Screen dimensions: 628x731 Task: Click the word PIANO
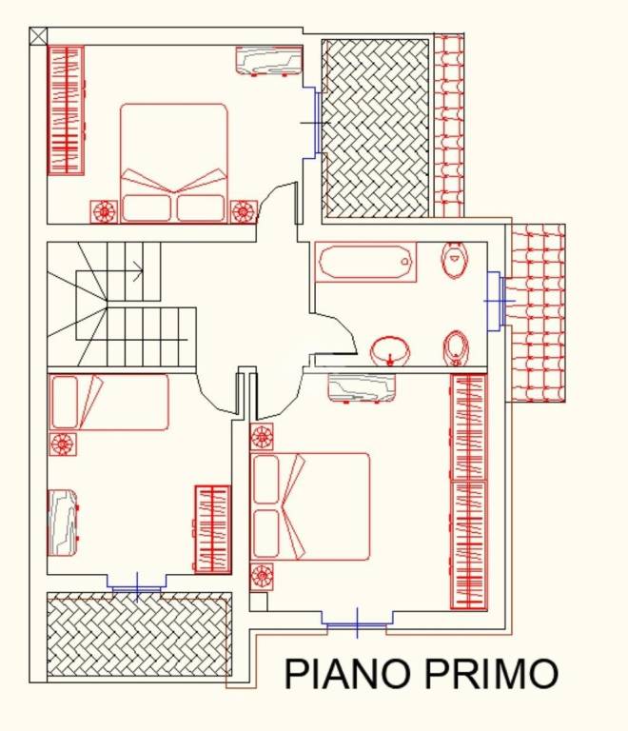click(348, 673)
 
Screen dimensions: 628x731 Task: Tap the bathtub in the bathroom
click(366, 262)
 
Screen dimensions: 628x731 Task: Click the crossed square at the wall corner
click(38, 36)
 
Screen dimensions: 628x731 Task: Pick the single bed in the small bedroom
click(108, 402)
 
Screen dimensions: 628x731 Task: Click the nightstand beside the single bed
click(63, 444)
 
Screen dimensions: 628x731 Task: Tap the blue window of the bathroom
click(495, 301)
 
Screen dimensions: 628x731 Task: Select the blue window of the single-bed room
click(137, 585)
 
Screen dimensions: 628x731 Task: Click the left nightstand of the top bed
click(103, 209)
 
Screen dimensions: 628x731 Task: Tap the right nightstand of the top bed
click(244, 209)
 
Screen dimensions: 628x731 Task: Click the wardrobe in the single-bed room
click(213, 529)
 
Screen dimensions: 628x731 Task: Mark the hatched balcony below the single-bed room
click(139, 635)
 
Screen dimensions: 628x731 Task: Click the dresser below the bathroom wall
click(362, 387)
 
